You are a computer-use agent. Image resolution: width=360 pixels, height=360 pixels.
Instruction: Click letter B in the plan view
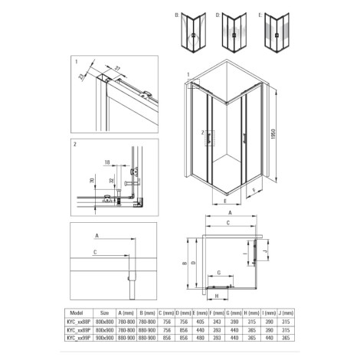pyautogui.click(x=186, y=260)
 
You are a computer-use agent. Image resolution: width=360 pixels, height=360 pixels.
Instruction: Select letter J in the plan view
pyautogui.click(x=263, y=250)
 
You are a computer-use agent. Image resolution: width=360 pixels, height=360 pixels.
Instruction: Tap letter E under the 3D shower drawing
pyautogui.click(x=225, y=202)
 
